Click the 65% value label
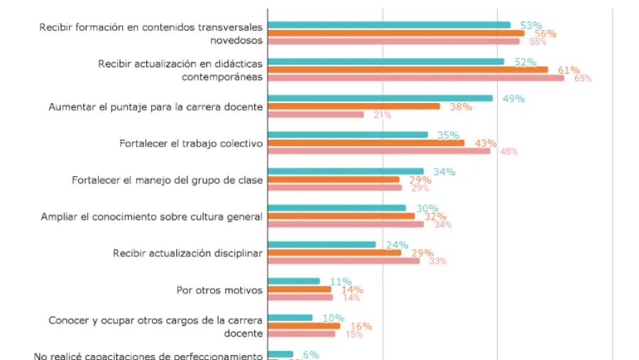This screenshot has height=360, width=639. pyautogui.click(x=582, y=78)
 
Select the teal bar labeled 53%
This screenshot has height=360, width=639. pyautogui.click(x=389, y=25)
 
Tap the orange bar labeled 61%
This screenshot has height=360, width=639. pyautogui.click(x=408, y=70)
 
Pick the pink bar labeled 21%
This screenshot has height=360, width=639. pyautogui.click(x=316, y=114)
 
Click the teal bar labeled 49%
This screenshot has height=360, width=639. pyautogui.click(x=380, y=98)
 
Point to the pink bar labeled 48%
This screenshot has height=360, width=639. pyautogui.click(x=379, y=151)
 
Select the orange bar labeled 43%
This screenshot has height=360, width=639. pyautogui.click(x=366, y=143)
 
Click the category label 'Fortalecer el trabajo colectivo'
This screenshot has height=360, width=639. pyautogui.click(x=192, y=143)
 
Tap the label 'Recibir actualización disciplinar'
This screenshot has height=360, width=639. pyautogui.click(x=188, y=253)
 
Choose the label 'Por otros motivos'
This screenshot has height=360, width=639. pyautogui.click(x=219, y=290)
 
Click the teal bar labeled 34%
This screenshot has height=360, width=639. pyautogui.click(x=346, y=171)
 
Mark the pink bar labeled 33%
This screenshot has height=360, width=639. pyautogui.click(x=344, y=261)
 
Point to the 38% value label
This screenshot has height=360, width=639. pyautogui.click(x=461, y=107)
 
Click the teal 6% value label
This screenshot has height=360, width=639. pyautogui.click(x=311, y=354)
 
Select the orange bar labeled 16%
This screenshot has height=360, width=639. pyautogui.click(x=304, y=326)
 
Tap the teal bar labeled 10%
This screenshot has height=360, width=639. pyautogui.click(x=290, y=317)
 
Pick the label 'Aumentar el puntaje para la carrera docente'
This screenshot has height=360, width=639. pyautogui.click(x=155, y=107)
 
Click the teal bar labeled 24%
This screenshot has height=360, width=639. pyautogui.click(x=322, y=245)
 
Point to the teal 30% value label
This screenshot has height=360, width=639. pyautogui.click(x=427, y=208)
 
